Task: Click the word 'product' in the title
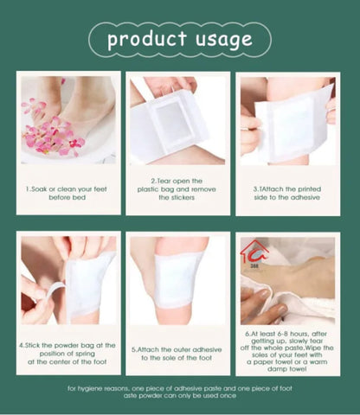click(146, 40)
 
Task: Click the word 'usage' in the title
click(222, 40)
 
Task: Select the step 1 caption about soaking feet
click(68, 192)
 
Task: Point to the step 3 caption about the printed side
click(288, 192)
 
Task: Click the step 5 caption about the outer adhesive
click(177, 354)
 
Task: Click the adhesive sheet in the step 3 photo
click(295, 121)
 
